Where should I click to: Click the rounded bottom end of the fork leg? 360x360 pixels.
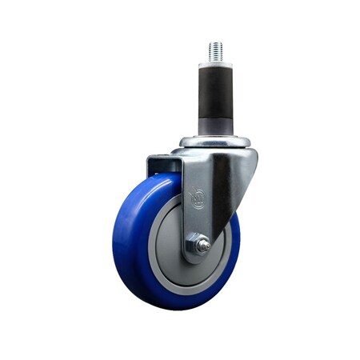click(x=196, y=258)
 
